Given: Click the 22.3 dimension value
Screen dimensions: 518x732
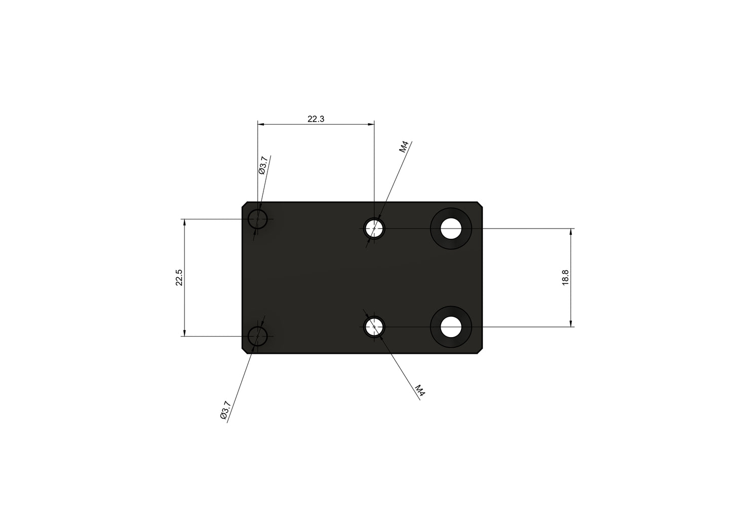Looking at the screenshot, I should (x=316, y=119).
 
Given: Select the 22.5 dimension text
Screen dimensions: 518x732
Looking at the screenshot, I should (x=179, y=278).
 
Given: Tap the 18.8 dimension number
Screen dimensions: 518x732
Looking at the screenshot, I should (x=566, y=278).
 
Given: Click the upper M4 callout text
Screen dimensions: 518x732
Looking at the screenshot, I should (x=404, y=147).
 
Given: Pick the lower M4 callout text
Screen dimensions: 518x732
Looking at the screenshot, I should (x=419, y=390).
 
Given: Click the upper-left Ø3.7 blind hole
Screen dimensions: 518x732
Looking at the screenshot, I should (x=257, y=219).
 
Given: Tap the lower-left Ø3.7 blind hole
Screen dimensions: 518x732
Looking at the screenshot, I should (x=257, y=336).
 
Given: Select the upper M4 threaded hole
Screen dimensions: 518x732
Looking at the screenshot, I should (x=374, y=229).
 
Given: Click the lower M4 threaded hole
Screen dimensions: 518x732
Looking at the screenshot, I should (x=374, y=327).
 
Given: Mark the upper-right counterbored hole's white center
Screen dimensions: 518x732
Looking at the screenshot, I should (x=451, y=229).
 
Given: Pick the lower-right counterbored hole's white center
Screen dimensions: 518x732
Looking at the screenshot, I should (x=451, y=327).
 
